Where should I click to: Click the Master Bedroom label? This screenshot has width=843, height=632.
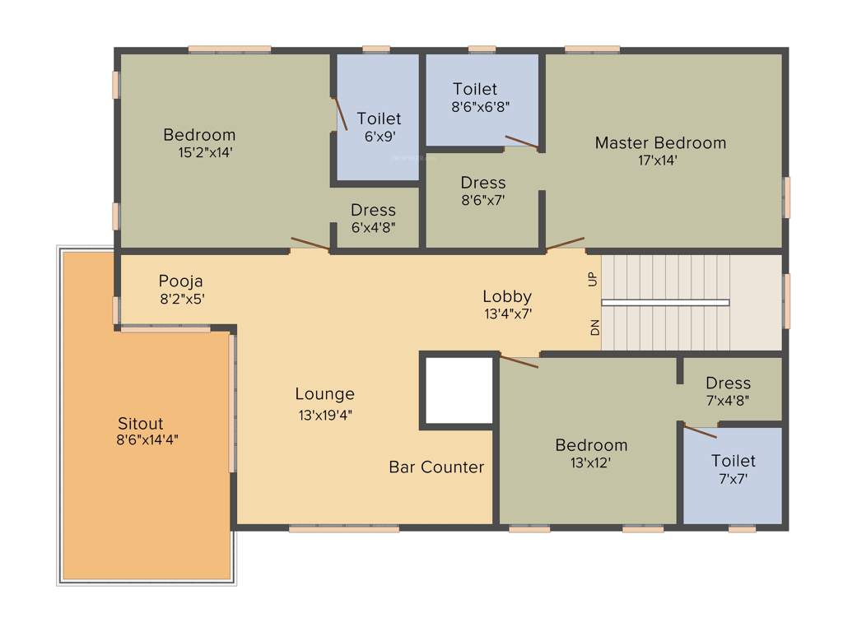click(660, 143)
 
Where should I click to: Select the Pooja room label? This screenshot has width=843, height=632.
click(180, 281)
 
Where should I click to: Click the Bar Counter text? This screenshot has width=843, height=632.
click(436, 467)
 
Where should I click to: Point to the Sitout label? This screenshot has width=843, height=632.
click(140, 424)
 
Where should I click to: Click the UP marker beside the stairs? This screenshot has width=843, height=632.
click(593, 279)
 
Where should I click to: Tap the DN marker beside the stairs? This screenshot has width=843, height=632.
click(594, 328)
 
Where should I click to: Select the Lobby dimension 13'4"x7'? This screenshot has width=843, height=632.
click(507, 314)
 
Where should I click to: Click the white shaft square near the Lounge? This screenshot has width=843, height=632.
click(459, 390)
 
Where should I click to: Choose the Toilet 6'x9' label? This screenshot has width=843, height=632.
click(379, 119)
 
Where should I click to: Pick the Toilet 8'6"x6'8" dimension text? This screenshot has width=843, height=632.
click(481, 106)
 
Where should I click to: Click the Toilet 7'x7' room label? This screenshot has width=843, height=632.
click(733, 461)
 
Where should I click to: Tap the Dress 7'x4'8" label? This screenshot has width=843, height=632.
click(729, 383)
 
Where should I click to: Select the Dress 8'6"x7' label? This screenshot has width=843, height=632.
click(483, 183)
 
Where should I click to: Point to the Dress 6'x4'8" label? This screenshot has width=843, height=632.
click(373, 210)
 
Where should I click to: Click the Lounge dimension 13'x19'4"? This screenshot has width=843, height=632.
click(327, 416)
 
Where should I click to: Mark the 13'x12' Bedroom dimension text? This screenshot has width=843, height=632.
click(590, 462)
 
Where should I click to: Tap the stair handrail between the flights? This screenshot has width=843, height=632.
click(665, 303)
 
